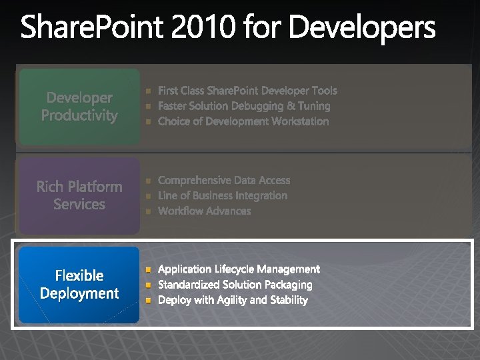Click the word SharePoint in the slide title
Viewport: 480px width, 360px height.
(x=94, y=29)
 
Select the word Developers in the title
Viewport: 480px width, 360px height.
(x=363, y=29)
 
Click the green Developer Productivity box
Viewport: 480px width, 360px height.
(x=79, y=107)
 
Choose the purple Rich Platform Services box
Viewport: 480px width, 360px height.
(x=79, y=195)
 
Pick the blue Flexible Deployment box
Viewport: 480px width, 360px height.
(x=79, y=285)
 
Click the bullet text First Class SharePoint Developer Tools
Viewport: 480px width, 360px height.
(x=247, y=91)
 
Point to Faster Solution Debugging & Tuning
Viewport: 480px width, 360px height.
(x=244, y=106)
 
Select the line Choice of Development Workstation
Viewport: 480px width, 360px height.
(x=243, y=121)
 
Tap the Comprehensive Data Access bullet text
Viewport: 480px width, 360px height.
(x=224, y=180)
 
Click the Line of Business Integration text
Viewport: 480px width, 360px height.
(x=223, y=195)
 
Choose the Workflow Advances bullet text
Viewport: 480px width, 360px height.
(x=204, y=211)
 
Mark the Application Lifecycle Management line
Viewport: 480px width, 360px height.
(x=239, y=269)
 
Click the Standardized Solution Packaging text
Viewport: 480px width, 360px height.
(x=235, y=285)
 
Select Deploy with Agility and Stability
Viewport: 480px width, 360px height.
(x=233, y=300)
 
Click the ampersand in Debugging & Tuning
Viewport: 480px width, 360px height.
(x=291, y=106)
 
